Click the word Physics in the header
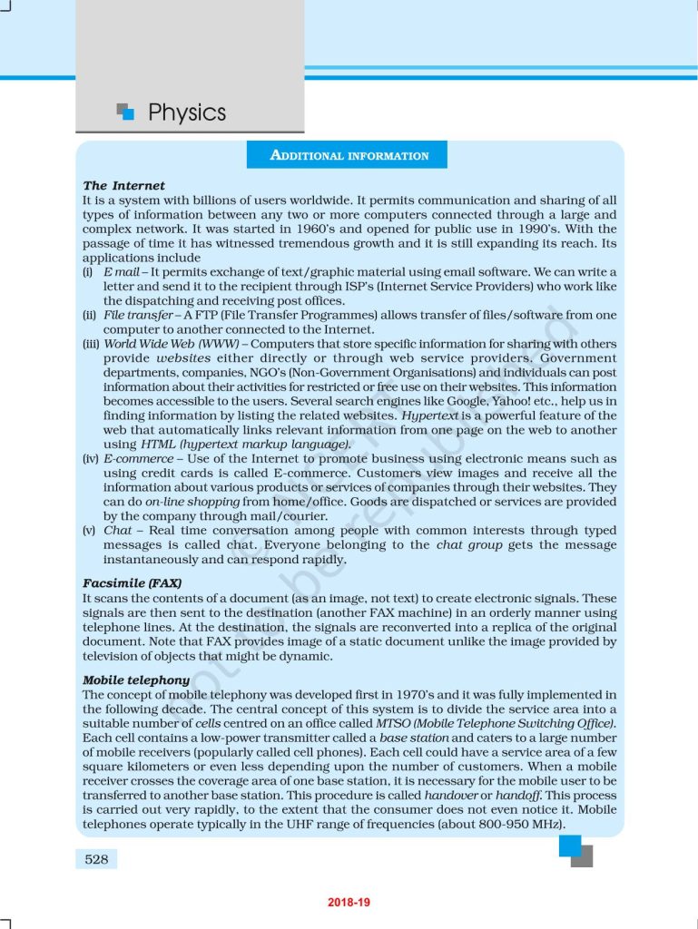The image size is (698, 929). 187,112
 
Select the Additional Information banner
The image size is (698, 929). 349,155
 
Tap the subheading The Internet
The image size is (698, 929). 123,186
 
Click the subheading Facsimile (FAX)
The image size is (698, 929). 132,583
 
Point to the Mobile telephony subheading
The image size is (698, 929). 136,680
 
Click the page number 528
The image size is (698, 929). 96,858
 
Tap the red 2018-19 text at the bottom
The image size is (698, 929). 349,903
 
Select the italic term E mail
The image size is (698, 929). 121,272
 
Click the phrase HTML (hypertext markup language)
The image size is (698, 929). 245,445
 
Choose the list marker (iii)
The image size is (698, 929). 91,344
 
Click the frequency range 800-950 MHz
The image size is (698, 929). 519,825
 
